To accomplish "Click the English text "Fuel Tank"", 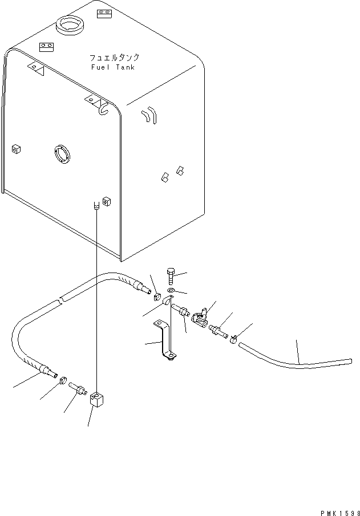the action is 113,67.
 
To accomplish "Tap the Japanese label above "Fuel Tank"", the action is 114,58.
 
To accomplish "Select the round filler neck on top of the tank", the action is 70,25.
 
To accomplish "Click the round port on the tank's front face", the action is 62,154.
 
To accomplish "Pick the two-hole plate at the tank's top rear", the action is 104,14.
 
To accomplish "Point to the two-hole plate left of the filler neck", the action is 46,47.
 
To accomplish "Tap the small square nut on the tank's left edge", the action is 16,149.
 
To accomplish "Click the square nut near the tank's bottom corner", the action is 106,201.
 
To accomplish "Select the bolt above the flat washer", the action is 171,277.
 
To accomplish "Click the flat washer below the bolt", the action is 171,290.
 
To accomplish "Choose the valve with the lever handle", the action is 200,317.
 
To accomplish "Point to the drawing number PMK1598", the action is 340,513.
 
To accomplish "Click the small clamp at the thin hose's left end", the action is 233,339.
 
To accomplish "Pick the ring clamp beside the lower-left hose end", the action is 63,382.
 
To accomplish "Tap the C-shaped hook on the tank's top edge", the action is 104,108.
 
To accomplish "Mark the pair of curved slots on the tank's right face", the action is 149,115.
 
